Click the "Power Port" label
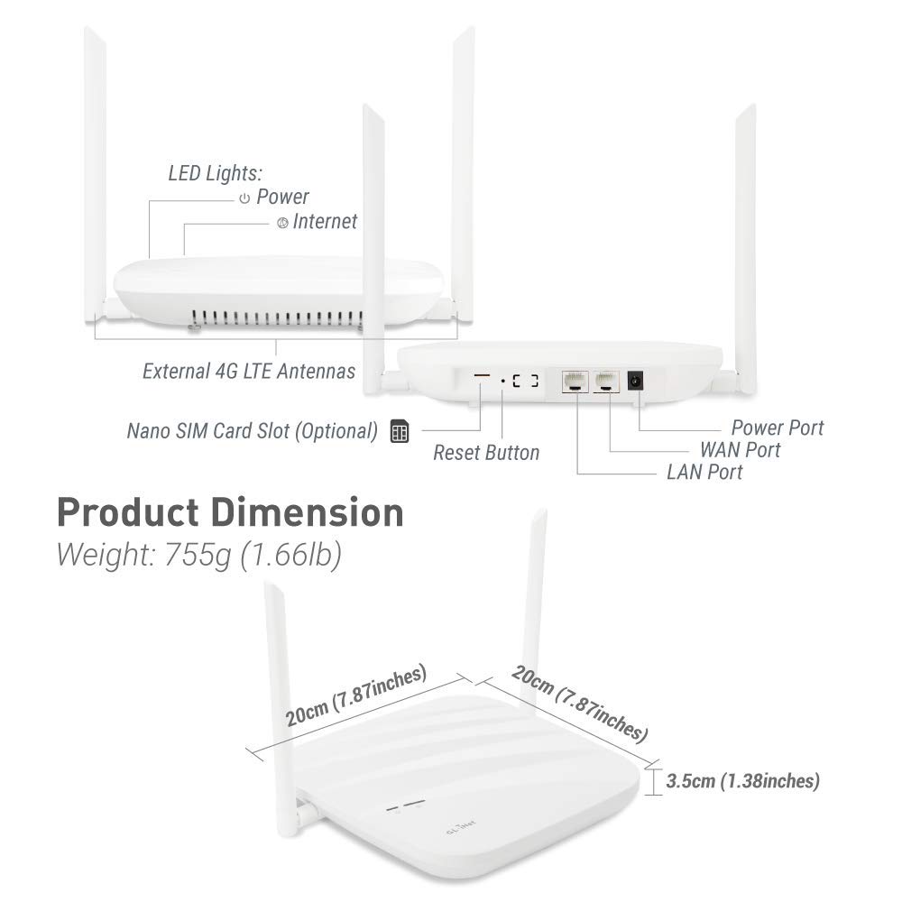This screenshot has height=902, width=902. pyautogui.click(x=777, y=427)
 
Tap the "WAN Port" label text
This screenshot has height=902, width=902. pyautogui.click(x=740, y=449)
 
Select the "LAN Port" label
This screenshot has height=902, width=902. pyautogui.click(x=704, y=472)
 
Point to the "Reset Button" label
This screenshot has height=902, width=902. pyautogui.click(x=486, y=452)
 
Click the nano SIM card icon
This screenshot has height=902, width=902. pyautogui.click(x=399, y=431)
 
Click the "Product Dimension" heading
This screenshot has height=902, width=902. pyautogui.click(x=230, y=512)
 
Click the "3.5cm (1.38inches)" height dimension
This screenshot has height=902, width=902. pyautogui.click(x=742, y=781)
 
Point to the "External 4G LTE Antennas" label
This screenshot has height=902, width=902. pyautogui.click(x=249, y=371)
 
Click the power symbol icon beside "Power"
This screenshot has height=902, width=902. pyautogui.click(x=244, y=198)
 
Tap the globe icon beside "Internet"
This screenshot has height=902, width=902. pyautogui.click(x=282, y=222)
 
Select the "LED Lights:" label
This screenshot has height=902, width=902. pyautogui.click(x=215, y=172)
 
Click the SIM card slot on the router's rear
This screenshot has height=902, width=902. pyautogui.click(x=483, y=374)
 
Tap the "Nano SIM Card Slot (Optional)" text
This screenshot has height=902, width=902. pyautogui.click(x=252, y=431)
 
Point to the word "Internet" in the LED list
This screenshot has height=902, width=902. pyautogui.click(x=325, y=221)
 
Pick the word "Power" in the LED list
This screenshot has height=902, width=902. pyautogui.click(x=282, y=197)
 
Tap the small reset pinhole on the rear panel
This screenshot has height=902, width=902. pyautogui.click(x=502, y=382)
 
